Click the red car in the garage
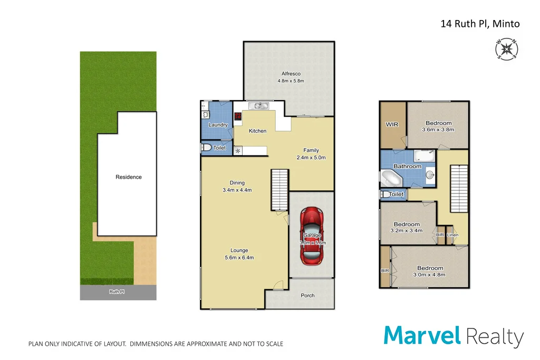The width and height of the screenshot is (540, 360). [x=311, y=236]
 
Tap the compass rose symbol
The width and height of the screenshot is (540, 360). [x=507, y=49]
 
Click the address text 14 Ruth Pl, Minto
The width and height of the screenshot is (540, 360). [x=480, y=24]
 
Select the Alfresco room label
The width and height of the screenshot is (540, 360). [x=291, y=74]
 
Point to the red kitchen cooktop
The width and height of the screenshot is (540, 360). [x=238, y=116]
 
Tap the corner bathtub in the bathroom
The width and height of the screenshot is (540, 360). [x=391, y=179]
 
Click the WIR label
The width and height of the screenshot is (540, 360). [x=392, y=124]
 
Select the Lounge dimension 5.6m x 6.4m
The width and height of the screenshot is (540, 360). [x=239, y=258]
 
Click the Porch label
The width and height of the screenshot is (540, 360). [x=307, y=295]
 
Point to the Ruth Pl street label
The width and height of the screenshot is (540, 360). [x=118, y=291]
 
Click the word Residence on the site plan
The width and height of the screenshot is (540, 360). [x=129, y=177]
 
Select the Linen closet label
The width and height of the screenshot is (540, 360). [x=452, y=235]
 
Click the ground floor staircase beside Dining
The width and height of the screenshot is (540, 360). [x=279, y=189]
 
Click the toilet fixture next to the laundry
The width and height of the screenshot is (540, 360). [x=206, y=148]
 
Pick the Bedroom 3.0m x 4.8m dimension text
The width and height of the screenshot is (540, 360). [x=430, y=275]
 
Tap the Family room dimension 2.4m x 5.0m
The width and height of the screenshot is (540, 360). [x=311, y=157]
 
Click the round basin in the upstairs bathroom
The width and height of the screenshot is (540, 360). [x=429, y=174]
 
